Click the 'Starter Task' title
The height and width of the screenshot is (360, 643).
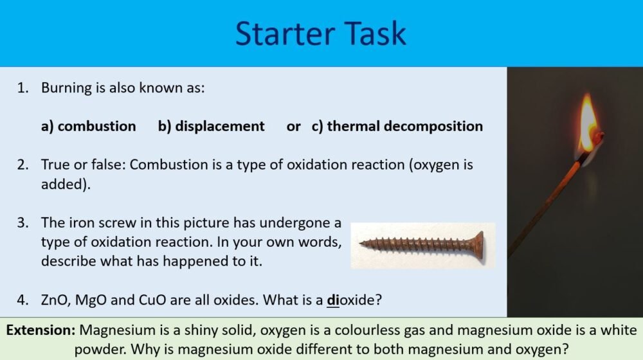click(320, 33)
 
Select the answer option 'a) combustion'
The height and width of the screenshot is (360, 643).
click(88, 126)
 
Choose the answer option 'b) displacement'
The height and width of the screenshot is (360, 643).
click(211, 126)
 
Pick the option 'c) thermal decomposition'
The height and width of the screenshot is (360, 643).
click(397, 126)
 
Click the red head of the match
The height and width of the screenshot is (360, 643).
click(597, 137)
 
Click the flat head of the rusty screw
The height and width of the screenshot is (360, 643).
click(478, 244)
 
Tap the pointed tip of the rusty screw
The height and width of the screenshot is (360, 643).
click(362, 244)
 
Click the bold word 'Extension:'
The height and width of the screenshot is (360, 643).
click(41, 330)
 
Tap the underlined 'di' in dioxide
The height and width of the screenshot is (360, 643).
click(332, 300)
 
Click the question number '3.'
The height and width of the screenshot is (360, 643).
click(24, 223)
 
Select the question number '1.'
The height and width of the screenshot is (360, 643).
click(24, 87)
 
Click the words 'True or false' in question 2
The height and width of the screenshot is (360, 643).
click(82, 165)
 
